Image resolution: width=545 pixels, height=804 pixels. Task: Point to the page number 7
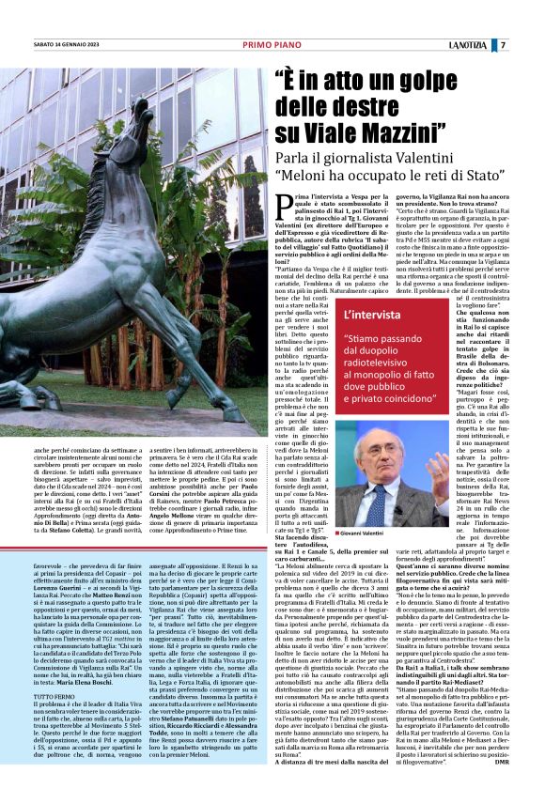(503, 45)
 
